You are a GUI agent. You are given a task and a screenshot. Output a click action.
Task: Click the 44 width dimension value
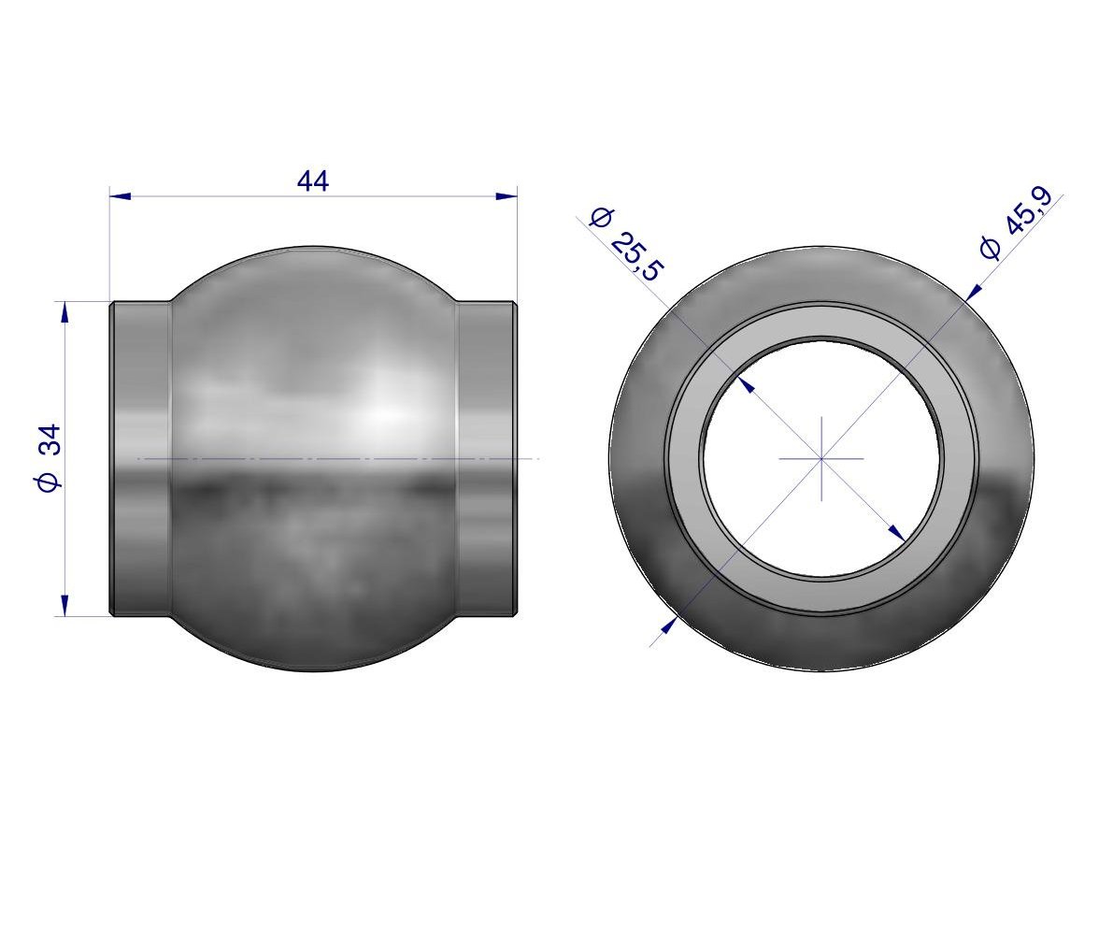pos(313,181)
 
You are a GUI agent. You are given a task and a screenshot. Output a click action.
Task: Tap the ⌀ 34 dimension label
pos(49,458)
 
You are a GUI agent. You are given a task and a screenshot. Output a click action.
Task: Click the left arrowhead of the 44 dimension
pos(121,196)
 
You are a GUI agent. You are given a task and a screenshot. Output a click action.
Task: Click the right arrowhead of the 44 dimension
pos(507,196)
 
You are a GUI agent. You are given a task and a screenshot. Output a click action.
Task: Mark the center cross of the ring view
pos(821,459)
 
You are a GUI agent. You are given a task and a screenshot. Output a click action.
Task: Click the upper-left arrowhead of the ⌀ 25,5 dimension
pos(746,384)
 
